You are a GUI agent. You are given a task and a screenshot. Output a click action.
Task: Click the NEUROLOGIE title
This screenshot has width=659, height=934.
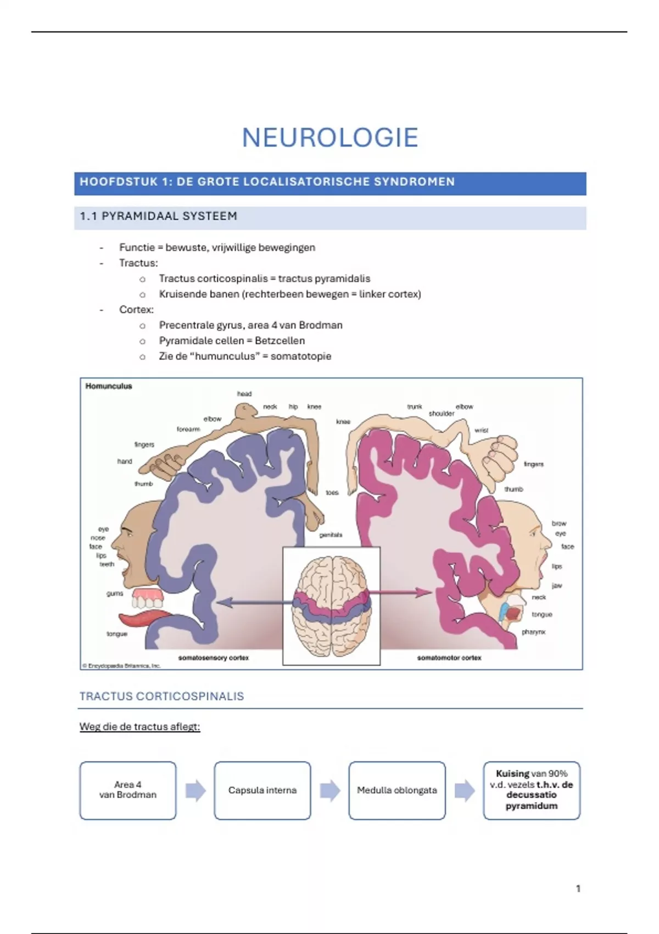click(330, 137)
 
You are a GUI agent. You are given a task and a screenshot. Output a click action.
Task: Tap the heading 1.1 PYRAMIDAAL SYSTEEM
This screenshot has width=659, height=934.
click(159, 216)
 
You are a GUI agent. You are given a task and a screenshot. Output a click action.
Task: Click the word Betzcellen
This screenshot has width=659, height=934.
click(280, 341)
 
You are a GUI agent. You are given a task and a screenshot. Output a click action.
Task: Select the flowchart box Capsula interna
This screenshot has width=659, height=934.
click(263, 790)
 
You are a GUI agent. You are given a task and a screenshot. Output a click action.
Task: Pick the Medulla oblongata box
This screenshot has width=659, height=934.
click(396, 790)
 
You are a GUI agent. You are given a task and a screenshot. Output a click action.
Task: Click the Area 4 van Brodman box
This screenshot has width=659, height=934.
click(128, 790)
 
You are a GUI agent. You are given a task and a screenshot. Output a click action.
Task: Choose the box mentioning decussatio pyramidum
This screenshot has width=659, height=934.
click(531, 790)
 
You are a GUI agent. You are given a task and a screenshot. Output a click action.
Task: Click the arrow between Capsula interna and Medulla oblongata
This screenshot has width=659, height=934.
click(330, 791)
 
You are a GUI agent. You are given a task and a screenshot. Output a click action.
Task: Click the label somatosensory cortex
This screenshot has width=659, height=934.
click(214, 658)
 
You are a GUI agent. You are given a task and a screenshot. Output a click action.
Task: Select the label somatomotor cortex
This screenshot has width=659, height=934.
click(449, 658)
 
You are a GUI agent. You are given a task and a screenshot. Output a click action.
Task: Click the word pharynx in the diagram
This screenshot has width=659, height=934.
click(533, 632)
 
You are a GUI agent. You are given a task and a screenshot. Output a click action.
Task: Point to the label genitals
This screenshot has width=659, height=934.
click(331, 535)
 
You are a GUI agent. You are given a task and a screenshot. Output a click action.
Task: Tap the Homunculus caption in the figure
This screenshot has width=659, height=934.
click(109, 386)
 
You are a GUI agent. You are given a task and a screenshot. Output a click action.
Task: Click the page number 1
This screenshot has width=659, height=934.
click(578, 888)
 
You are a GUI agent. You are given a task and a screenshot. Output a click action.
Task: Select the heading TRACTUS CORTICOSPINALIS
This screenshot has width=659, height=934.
click(161, 696)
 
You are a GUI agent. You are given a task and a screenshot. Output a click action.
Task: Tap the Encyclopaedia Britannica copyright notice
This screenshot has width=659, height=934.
click(121, 665)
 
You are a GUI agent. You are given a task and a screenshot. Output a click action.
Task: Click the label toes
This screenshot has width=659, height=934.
click(332, 492)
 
